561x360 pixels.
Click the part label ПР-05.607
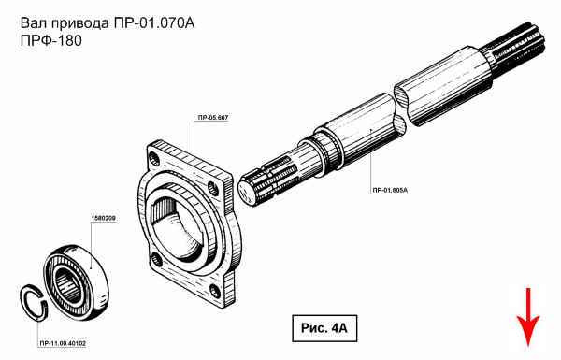tap(212, 118)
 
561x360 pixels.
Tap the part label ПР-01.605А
tap(390, 191)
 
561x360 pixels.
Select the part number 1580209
tap(104, 218)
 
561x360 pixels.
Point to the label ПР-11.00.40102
tap(63, 344)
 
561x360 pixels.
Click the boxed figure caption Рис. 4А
tap(324, 328)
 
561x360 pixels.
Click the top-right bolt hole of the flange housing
tap(213, 188)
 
